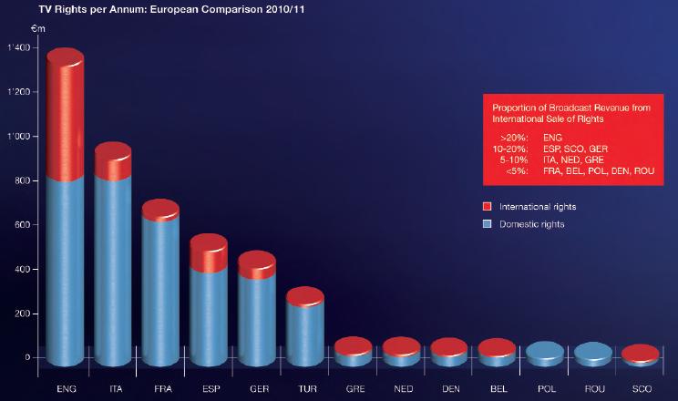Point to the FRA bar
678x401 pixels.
coord(160,283)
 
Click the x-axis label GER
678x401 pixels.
coord(257,388)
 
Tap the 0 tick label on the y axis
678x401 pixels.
coord(27,357)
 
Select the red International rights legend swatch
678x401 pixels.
coord(488,206)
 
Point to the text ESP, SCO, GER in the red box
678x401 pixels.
coord(574,148)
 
